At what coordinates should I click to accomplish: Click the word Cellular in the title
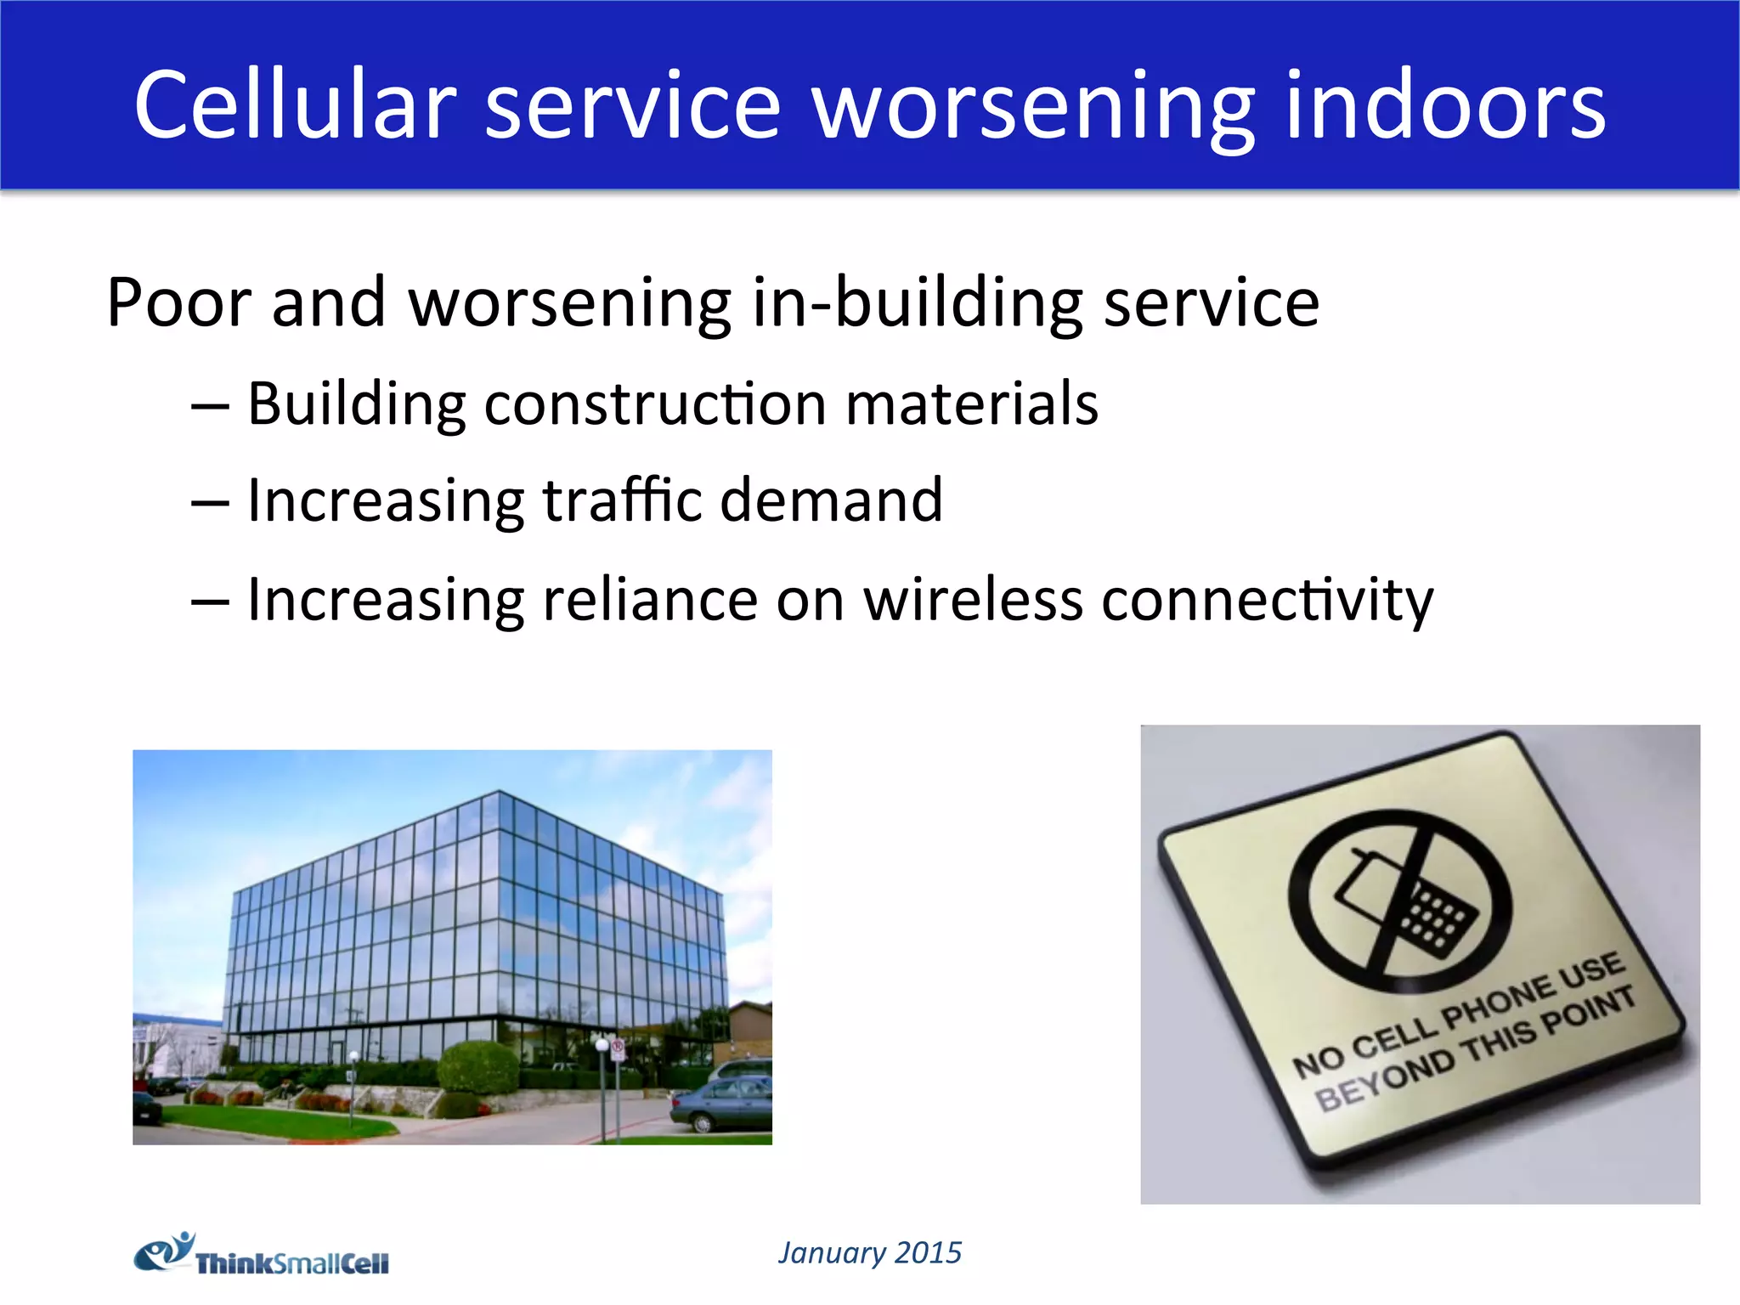coord(295,105)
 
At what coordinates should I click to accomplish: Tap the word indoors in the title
coord(1444,105)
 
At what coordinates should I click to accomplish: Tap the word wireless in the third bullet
coord(973,599)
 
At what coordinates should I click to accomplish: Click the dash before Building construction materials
coord(210,406)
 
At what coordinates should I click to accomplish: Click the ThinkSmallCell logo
coord(262,1256)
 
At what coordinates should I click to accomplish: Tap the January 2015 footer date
coord(869,1252)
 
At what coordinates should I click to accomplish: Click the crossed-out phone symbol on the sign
coord(1399,901)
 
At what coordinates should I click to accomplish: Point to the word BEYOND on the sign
coord(1385,1080)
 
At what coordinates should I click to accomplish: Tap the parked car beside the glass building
coord(722,1101)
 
